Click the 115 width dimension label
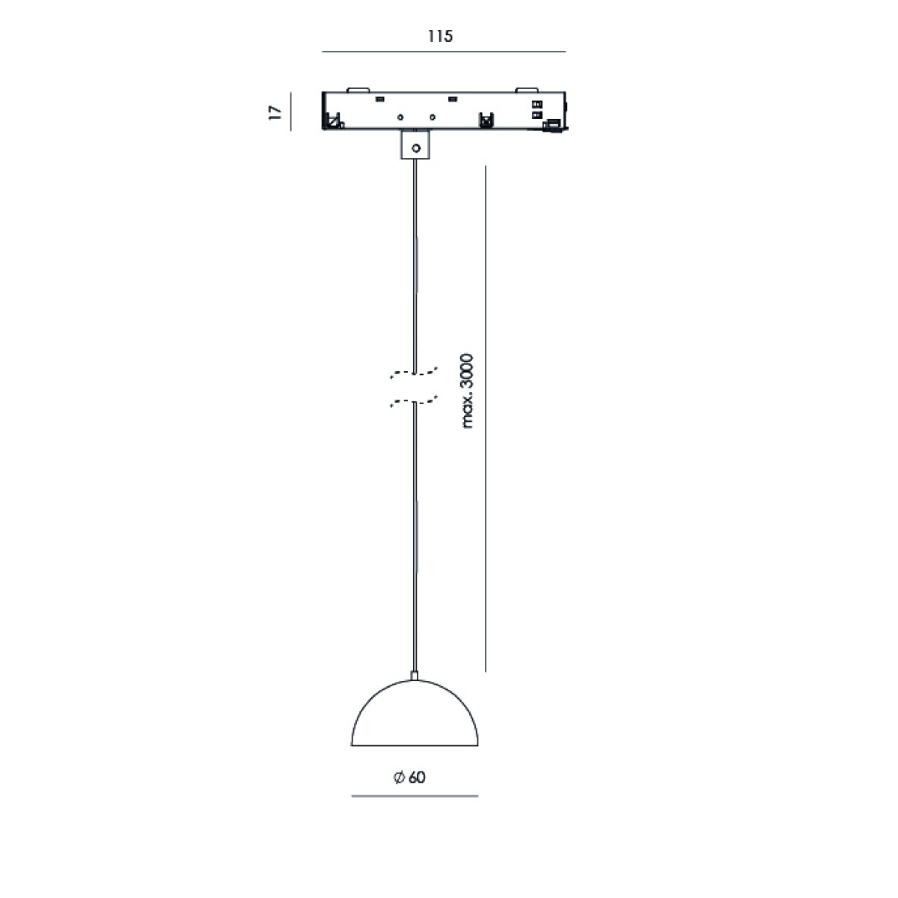tap(440, 37)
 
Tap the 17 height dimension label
tap(275, 113)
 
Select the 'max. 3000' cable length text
tap(466, 391)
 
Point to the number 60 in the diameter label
tap(417, 778)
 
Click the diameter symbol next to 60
tap(399, 778)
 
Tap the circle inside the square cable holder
tap(416, 149)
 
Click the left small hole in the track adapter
tap(400, 117)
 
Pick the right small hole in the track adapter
tap(433, 117)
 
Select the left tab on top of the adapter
tap(358, 90)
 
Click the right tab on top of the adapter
tap(526, 90)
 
